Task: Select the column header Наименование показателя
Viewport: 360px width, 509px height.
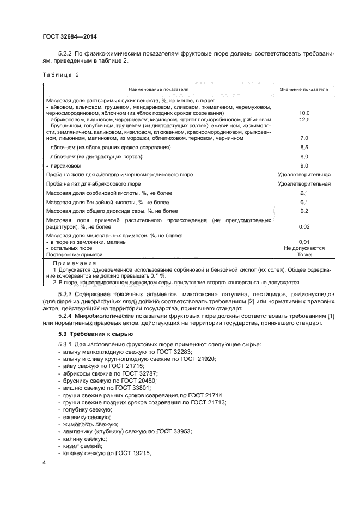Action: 158,89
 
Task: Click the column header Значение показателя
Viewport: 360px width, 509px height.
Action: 304,89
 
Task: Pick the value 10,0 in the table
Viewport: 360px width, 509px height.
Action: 304,113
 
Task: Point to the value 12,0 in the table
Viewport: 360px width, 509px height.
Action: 304,119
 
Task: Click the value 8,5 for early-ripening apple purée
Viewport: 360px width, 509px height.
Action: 304,148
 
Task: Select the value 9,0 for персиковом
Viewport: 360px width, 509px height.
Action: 304,165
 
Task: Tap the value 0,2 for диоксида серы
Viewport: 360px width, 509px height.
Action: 304,211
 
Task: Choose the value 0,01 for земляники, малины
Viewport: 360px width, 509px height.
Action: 304,241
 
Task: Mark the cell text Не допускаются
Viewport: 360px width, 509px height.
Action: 304,248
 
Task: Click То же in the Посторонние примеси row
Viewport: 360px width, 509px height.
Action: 304,254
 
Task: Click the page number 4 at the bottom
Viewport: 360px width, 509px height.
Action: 44,463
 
